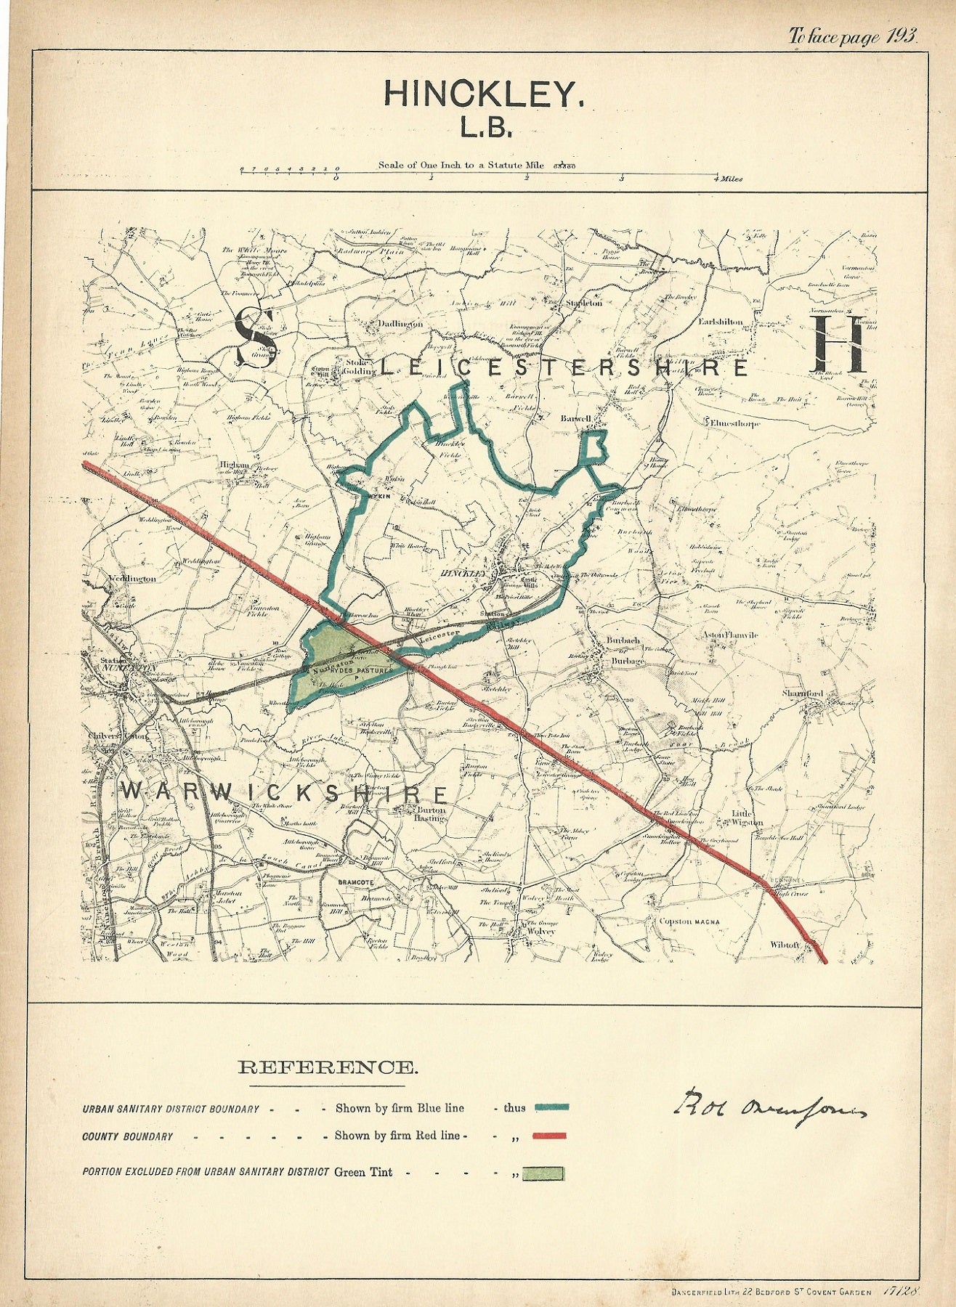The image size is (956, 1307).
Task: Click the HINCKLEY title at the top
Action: tap(483, 95)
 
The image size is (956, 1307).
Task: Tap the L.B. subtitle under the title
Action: tap(486, 128)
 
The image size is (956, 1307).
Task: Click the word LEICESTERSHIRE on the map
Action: tap(564, 368)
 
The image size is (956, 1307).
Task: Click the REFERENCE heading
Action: tap(328, 1067)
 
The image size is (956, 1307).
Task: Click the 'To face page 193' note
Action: tap(853, 37)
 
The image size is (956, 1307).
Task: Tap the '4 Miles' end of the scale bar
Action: tap(727, 178)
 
